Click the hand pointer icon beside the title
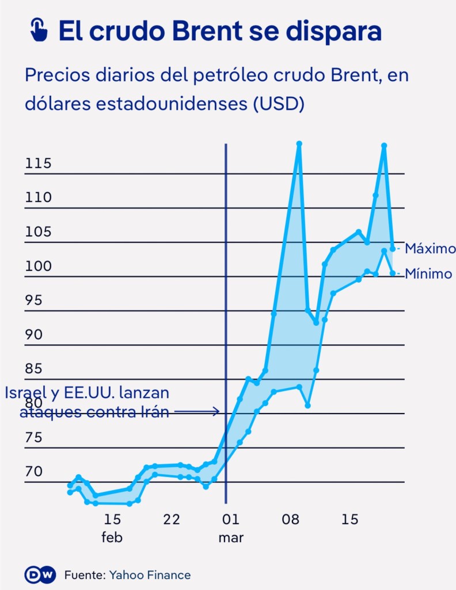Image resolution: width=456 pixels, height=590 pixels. click(x=39, y=30)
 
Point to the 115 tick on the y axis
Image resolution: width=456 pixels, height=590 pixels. click(x=39, y=164)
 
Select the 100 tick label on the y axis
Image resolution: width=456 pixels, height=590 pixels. click(x=39, y=266)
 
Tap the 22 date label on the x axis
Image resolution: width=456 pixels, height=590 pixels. click(x=172, y=520)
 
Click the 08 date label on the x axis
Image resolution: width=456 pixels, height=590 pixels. click(x=290, y=520)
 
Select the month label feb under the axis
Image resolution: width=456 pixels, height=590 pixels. click(x=112, y=538)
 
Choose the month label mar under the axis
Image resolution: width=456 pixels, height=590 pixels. click(x=230, y=538)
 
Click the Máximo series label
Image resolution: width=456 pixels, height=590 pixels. click(x=430, y=249)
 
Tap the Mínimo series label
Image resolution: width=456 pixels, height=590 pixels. click(x=428, y=274)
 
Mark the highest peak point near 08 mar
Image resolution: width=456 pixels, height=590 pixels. click(x=299, y=144)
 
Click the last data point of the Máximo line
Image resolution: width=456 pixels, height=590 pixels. click(x=393, y=249)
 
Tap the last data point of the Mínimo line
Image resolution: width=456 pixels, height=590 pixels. click(x=393, y=273)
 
